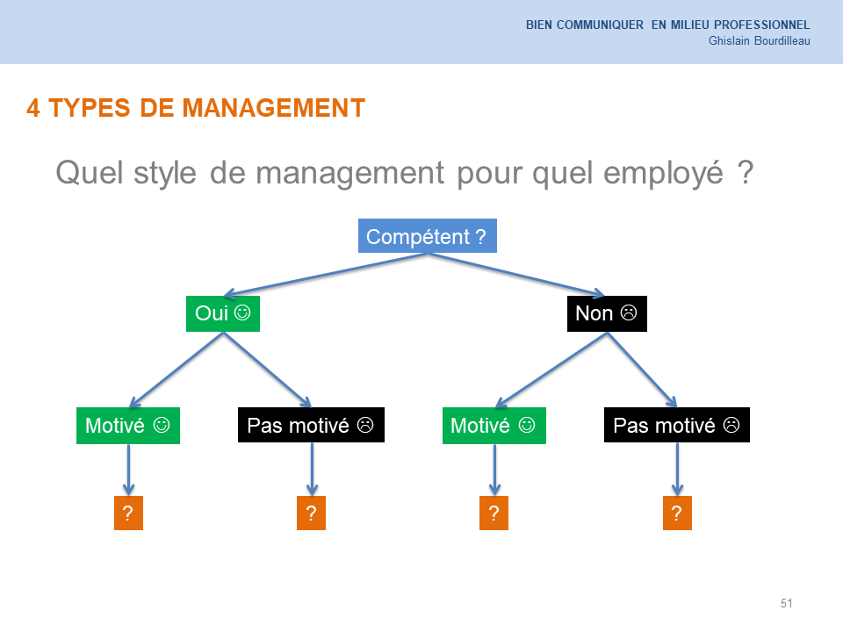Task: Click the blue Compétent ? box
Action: click(x=428, y=235)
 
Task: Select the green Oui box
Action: click(x=223, y=313)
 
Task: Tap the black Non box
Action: click(x=607, y=313)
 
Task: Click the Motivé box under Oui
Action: click(x=128, y=426)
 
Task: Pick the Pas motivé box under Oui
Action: click(x=311, y=425)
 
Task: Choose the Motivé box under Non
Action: click(x=494, y=426)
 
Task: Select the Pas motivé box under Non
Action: click(x=677, y=425)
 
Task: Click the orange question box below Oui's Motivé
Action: click(x=128, y=513)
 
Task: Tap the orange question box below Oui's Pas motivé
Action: click(x=311, y=513)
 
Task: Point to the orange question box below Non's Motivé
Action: click(x=494, y=513)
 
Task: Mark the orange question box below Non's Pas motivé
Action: click(x=677, y=513)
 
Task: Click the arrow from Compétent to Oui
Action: click(x=326, y=275)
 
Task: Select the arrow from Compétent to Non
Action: click(x=516, y=275)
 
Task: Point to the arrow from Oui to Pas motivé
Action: click(x=267, y=370)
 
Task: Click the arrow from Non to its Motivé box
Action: click(x=551, y=370)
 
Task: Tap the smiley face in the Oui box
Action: click(x=242, y=312)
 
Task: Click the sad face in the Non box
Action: click(x=629, y=312)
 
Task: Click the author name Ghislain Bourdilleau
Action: click(x=759, y=41)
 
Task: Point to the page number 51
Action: click(x=787, y=603)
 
